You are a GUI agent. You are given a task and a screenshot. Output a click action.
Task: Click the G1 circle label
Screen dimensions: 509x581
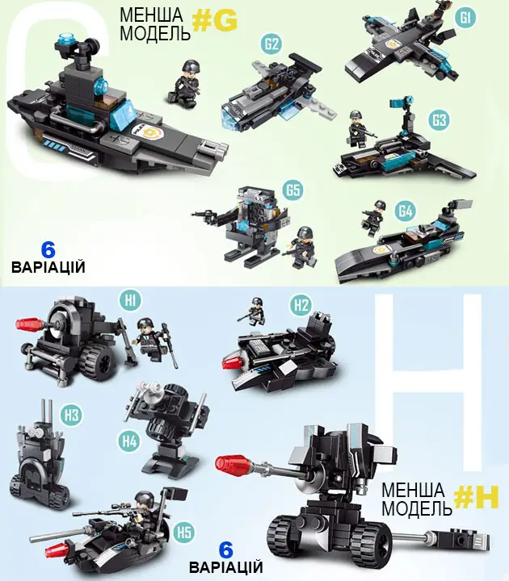click(x=465, y=17)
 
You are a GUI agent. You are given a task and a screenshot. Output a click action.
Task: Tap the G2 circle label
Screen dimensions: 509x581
click(x=271, y=44)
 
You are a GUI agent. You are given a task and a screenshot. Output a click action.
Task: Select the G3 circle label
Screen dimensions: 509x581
click(x=439, y=119)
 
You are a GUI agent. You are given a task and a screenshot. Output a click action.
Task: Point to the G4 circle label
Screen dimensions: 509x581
click(x=406, y=211)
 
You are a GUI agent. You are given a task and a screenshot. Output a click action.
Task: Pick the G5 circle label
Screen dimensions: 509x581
click(x=292, y=190)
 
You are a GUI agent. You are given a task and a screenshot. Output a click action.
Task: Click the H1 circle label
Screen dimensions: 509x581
click(x=130, y=300)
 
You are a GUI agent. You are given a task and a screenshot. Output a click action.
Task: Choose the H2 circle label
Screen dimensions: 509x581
click(x=301, y=305)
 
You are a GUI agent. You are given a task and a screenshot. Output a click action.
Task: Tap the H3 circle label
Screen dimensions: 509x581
click(x=72, y=415)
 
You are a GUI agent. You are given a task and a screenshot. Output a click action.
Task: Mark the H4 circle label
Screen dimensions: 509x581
click(x=129, y=441)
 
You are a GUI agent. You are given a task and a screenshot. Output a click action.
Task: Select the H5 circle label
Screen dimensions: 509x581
click(x=184, y=533)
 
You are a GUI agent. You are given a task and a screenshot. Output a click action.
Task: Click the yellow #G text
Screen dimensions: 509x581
click(x=214, y=21)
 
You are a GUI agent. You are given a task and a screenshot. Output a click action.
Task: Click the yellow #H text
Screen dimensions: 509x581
click(x=477, y=497)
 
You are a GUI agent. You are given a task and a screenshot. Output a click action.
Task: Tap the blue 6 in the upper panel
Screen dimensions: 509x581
click(x=48, y=250)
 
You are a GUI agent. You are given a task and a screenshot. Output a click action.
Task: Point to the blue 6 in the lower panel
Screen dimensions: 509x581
click(x=225, y=550)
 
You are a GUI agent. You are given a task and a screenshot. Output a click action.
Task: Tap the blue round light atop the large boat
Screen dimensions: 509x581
click(x=66, y=38)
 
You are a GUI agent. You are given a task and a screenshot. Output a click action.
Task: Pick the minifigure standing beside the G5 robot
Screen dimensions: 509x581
click(x=301, y=247)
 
